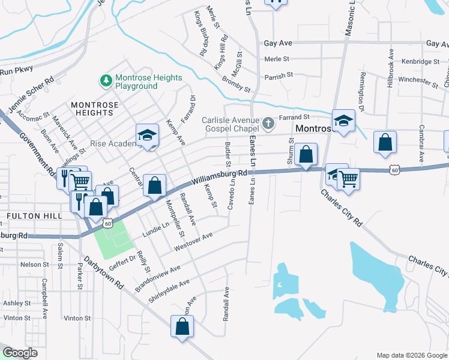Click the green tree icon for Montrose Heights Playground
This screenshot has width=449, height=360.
(x=106, y=80)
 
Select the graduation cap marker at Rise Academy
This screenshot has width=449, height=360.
(x=146, y=135)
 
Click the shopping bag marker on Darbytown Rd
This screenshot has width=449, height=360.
(x=182, y=328)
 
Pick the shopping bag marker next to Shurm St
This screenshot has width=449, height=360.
(x=306, y=154)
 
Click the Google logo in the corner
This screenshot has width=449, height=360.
(x=20, y=353)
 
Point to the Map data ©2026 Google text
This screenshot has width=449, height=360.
(x=411, y=355)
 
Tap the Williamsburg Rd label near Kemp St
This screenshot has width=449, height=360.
(x=220, y=176)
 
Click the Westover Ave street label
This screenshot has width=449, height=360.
(x=193, y=242)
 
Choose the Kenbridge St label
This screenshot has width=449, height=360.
(x=420, y=61)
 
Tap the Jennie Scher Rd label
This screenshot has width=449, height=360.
(x=32, y=95)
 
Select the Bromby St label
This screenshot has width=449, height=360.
(x=236, y=84)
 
